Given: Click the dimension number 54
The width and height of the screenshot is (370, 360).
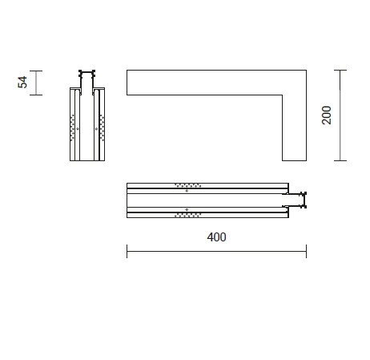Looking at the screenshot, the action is [22, 82].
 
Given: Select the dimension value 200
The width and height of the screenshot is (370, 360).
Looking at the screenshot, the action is [327, 115].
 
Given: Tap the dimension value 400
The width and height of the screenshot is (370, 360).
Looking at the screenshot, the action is [216, 237].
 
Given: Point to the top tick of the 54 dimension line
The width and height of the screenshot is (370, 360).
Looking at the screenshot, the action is [36, 71].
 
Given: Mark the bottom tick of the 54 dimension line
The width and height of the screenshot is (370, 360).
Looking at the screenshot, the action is [36, 95].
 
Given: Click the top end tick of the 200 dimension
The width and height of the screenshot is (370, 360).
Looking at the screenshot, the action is [340, 71].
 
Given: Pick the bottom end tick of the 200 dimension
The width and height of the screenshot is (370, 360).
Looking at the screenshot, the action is [340, 160].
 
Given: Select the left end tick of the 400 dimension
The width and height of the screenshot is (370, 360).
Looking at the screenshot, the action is [127, 251].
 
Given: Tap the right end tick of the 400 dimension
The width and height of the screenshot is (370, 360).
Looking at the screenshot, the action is [306, 251].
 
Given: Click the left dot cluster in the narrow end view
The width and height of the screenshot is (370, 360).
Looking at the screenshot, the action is [72, 127].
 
